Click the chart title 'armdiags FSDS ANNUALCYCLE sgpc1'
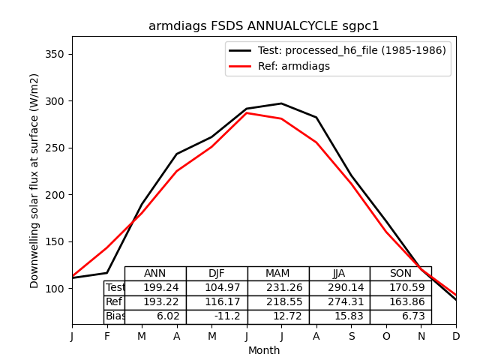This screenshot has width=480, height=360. (x=263, y=26)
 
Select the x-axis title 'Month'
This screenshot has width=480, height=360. (x=264, y=350)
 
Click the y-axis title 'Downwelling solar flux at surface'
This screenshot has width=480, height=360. (x=34, y=180)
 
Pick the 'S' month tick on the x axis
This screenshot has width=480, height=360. (x=351, y=336)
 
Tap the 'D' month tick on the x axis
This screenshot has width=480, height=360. (x=456, y=336)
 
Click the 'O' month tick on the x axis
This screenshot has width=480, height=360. (x=386, y=336)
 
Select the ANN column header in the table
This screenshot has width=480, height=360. (x=155, y=274)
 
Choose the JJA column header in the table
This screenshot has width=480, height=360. (x=339, y=274)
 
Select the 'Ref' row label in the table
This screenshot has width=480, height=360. (x=114, y=302)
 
